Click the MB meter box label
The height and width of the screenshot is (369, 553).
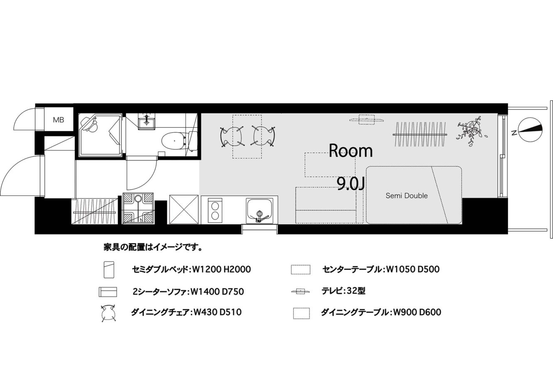coord(59,120)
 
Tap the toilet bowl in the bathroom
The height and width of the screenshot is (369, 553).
coord(174,141)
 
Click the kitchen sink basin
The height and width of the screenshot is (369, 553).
coord(259,211)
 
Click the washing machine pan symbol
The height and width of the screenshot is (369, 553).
coord(138,208)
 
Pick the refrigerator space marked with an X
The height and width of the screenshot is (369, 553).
coord(184,210)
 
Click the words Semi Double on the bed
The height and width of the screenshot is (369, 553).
coord(407,196)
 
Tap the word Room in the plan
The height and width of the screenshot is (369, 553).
coord(351,151)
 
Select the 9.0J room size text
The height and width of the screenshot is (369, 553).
coord(351,184)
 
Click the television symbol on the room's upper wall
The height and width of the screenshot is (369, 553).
coord(367,120)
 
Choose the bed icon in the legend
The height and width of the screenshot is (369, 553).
coord(109,270)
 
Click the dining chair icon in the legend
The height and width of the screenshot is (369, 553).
coord(109,313)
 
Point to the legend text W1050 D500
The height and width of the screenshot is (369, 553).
coord(413,269)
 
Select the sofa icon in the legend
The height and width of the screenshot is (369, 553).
coord(108,292)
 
